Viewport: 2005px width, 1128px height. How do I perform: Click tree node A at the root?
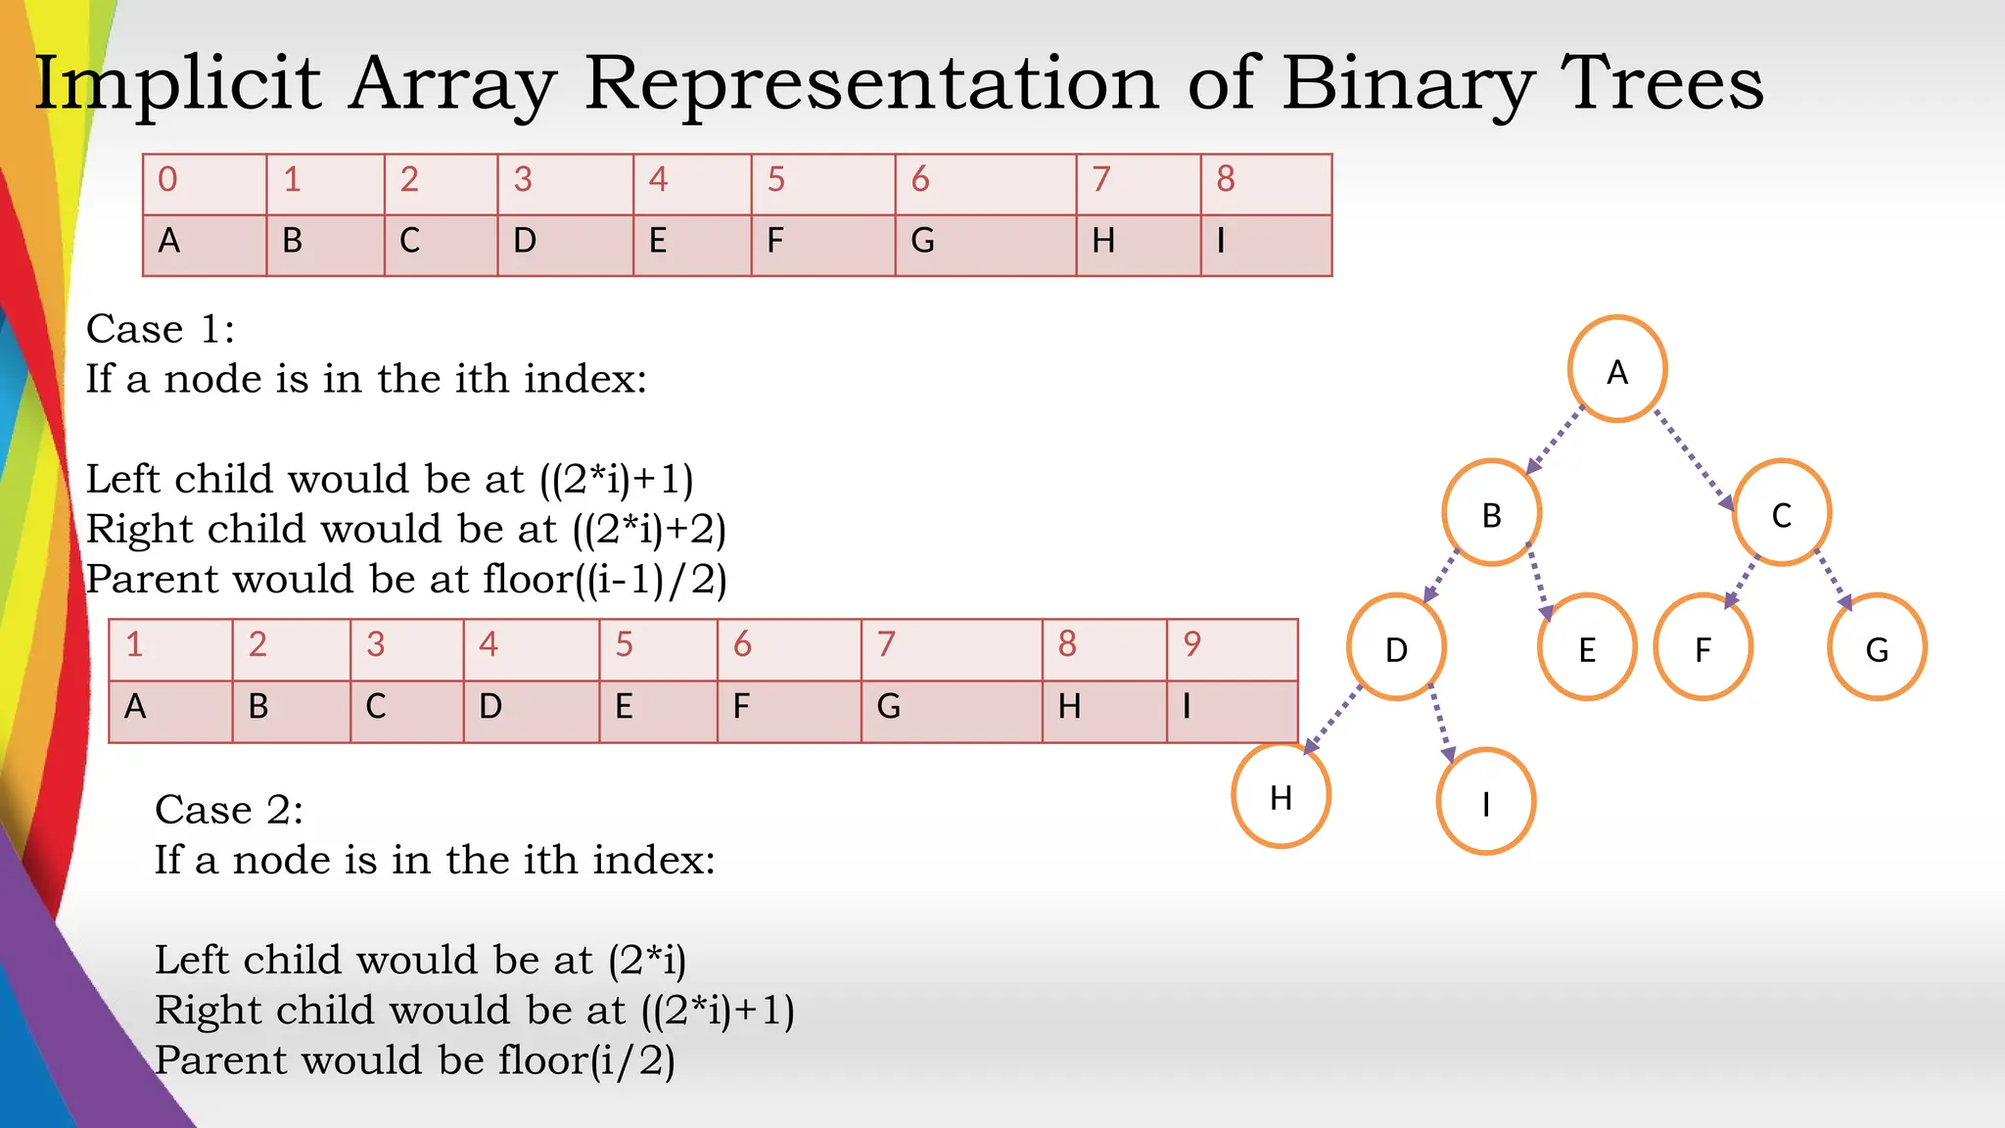[x=1617, y=369]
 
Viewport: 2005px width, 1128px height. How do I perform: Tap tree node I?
[x=1485, y=802]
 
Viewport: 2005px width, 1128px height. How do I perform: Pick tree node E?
[x=1587, y=647]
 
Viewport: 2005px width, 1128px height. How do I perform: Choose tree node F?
[x=1702, y=647]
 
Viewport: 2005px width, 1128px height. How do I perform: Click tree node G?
[x=1877, y=647]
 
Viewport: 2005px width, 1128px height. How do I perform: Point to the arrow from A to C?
[x=1694, y=459]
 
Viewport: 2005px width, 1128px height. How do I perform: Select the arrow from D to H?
[x=1333, y=720]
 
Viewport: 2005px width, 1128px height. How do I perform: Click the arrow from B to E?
[x=1539, y=582]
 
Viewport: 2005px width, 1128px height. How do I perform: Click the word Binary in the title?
[x=1407, y=84]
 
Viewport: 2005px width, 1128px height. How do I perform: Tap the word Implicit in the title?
[x=177, y=84]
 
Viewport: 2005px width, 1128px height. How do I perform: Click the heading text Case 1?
[x=161, y=329]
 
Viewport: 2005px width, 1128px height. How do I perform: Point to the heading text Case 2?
[x=229, y=810]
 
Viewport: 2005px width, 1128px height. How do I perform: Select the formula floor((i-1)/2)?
[x=604, y=579]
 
